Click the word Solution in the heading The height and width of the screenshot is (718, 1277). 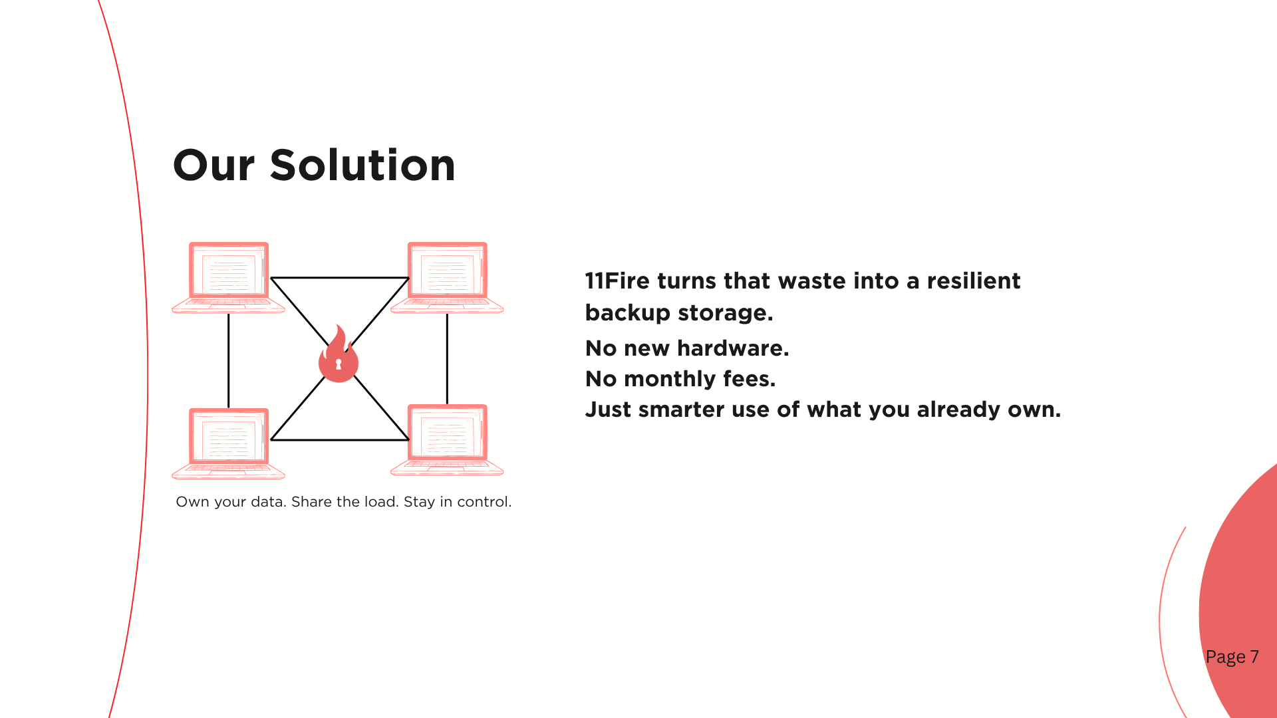click(x=362, y=165)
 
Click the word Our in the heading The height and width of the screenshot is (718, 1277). click(x=213, y=166)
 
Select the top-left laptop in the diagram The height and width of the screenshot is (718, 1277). click(x=228, y=277)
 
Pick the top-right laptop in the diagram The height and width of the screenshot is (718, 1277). click(x=447, y=277)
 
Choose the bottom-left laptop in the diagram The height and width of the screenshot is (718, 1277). click(x=228, y=443)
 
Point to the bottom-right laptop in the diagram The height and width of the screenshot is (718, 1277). click(x=447, y=439)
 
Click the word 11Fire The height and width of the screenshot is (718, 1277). click(x=617, y=281)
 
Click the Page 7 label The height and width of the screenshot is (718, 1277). click(x=1232, y=657)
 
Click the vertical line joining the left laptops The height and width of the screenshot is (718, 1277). click(x=229, y=360)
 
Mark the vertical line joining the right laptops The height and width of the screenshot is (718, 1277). click(x=447, y=358)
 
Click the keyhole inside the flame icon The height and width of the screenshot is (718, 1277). click(x=339, y=364)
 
